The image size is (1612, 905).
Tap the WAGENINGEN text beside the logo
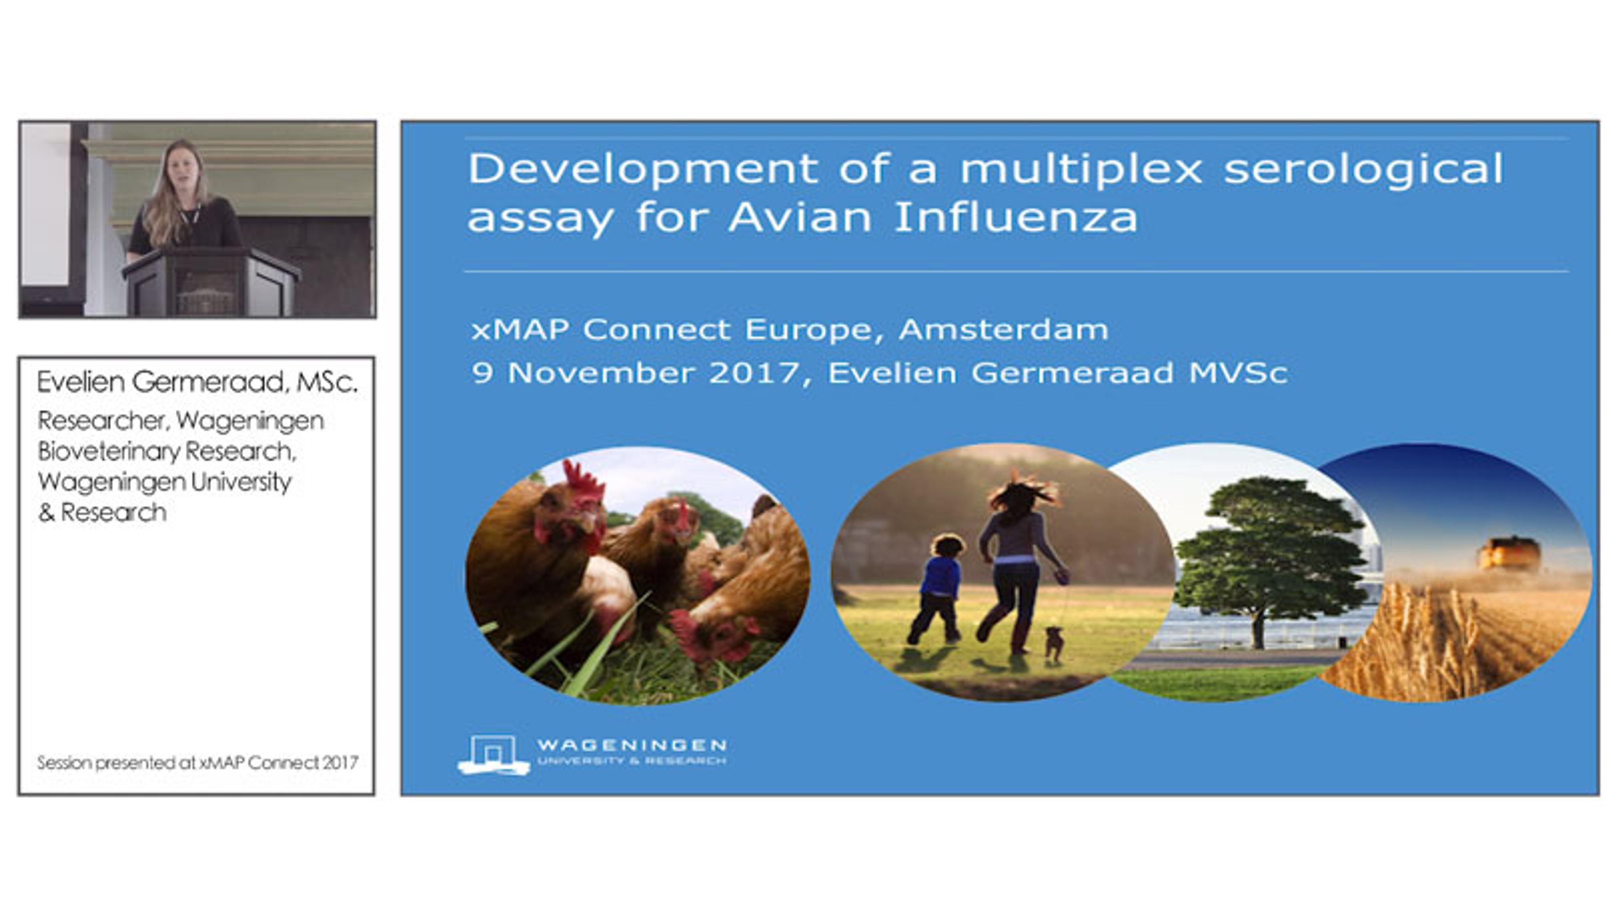(x=631, y=745)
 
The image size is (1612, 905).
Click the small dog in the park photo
(x=1054, y=643)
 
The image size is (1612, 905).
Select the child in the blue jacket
(x=937, y=589)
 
